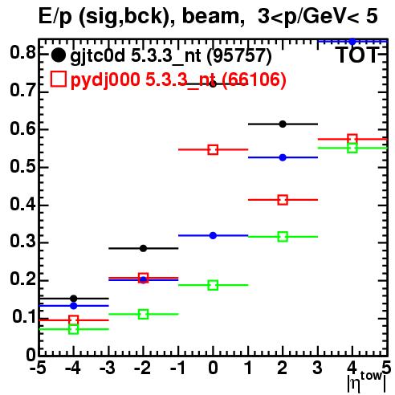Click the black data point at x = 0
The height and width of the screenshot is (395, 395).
pos(213,84)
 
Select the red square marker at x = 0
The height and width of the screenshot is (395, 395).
pos(213,149)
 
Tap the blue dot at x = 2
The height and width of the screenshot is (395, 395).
pos(283,157)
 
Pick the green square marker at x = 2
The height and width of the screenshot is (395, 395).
pos(283,237)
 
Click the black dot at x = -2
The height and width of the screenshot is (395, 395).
pos(143,248)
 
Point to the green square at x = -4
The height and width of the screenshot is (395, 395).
pos(73,329)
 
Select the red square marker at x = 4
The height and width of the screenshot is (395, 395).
pos(352,139)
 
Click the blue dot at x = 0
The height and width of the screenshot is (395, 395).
pos(213,235)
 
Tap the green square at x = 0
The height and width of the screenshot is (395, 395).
pos(213,285)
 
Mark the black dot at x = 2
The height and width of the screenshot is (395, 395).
pos(283,124)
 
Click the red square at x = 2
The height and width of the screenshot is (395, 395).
pos(283,200)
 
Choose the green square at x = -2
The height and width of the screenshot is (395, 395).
pos(143,314)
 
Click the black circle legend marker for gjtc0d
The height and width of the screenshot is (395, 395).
pos(58,55)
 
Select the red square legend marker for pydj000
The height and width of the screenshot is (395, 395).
pos(58,79)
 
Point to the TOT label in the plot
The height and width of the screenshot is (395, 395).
pos(358,55)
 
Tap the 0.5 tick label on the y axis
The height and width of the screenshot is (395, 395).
pos(23,167)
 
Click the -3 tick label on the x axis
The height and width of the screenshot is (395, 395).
pos(108,369)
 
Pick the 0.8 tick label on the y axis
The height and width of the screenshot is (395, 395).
pos(23,53)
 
